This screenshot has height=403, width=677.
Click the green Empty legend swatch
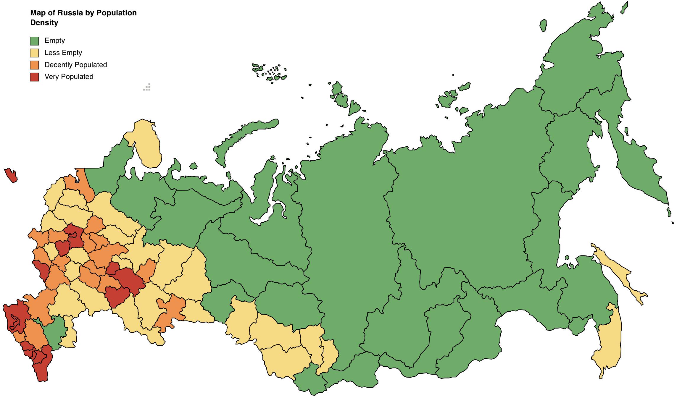[x=34, y=41]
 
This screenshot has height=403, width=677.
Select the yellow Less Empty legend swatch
[x=34, y=53]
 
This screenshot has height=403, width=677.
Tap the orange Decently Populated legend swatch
[x=34, y=65]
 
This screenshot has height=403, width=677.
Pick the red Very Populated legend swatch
[x=34, y=77]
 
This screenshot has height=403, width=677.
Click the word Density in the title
[x=44, y=23]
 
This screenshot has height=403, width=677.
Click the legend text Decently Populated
[x=76, y=65]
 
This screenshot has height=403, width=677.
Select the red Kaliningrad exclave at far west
[x=11, y=175]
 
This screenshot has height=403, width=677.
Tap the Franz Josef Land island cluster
[x=269, y=72]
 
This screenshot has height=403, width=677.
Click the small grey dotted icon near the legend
[x=147, y=87]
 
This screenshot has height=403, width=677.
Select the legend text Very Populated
[x=69, y=77]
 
